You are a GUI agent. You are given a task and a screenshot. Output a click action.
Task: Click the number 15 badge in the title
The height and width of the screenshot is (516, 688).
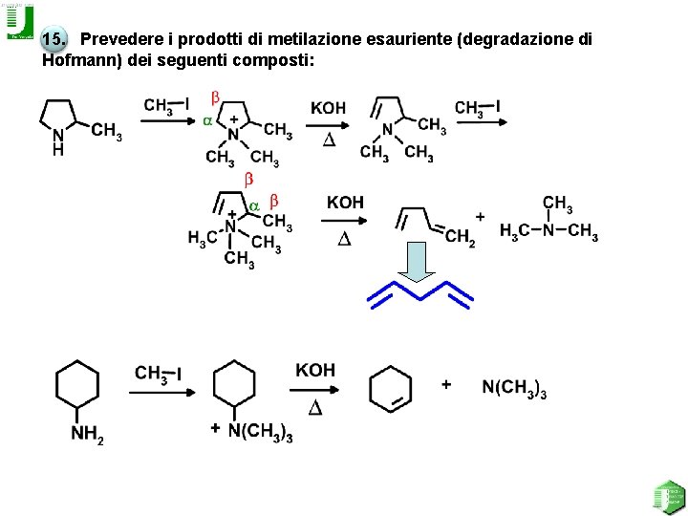click(x=54, y=40)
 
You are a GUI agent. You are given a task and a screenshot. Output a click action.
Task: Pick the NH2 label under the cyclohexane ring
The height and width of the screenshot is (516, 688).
click(x=87, y=435)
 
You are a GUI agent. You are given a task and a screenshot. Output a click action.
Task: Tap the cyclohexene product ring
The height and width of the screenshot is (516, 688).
click(x=390, y=387)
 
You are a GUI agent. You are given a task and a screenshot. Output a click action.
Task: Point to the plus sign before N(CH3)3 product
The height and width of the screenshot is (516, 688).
click(x=445, y=384)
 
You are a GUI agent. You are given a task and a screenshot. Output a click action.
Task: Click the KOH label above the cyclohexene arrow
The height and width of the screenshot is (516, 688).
click(x=315, y=370)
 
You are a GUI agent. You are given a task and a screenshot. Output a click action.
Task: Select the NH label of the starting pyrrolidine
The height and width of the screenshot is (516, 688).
click(x=58, y=142)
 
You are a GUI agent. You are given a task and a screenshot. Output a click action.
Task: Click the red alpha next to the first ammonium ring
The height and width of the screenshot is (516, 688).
click(x=207, y=121)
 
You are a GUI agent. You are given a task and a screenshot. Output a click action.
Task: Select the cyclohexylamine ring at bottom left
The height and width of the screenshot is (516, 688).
click(x=77, y=384)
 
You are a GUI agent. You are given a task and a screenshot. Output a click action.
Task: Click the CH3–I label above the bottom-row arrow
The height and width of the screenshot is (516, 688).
click(x=159, y=374)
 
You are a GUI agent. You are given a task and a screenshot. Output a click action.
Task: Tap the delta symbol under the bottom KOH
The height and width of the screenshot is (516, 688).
click(x=314, y=408)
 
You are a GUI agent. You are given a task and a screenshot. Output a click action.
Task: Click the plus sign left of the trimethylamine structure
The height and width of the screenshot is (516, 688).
click(x=480, y=218)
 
